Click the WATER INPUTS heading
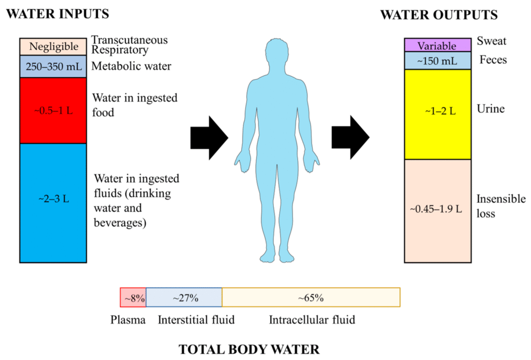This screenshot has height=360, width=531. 58,14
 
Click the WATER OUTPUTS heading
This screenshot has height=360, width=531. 439,15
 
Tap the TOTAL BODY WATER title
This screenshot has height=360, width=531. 249,349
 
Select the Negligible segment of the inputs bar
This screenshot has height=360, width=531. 53,47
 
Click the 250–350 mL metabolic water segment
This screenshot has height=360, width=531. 53,66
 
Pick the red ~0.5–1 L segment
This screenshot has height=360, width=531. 53,110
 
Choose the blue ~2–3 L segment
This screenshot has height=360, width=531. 53,203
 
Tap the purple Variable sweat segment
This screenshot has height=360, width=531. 438,45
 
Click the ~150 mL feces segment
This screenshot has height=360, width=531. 438,61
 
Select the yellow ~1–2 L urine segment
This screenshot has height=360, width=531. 438,115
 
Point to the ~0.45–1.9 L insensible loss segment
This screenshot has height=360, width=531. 438,211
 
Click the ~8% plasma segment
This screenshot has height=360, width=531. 133,297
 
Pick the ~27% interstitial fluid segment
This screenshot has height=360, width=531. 184,297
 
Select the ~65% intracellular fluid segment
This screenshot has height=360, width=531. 311,297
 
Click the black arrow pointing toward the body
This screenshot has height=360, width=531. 209,138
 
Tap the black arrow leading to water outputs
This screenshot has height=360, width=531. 351,137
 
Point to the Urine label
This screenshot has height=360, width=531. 491,109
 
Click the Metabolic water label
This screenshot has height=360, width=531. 131,66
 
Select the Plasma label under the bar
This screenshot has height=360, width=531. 128,320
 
